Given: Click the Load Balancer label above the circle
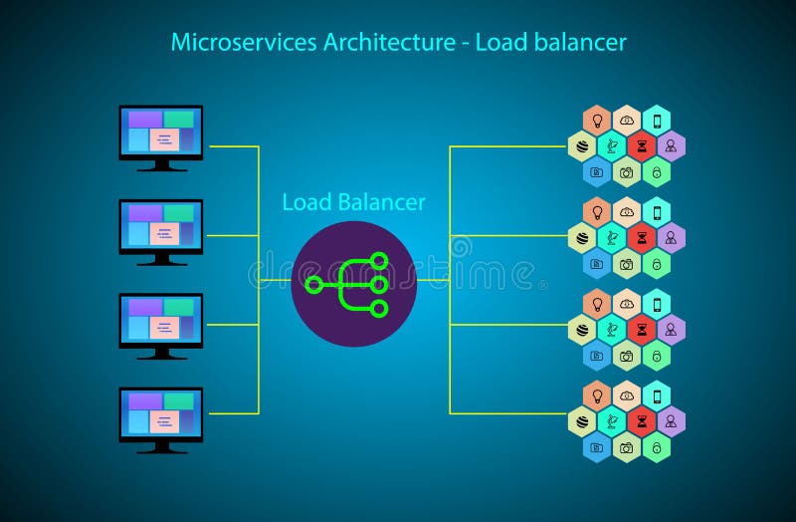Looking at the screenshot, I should pyautogui.click(x=353, y=202).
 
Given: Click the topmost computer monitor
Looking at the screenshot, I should pyautogui.click(x=161, y=133).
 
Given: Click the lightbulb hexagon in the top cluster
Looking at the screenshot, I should pyautogui.click(x=597, y=121).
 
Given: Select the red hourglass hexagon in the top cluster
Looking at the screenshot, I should pyautogui.click(x=642, y=146).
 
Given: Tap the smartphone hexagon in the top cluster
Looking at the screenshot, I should pyautogui.click(x=657, y=121).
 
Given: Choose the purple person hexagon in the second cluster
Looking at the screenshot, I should pyautogui.click(x=672, y=238).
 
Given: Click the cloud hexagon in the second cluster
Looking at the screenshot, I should pyautogui.click(x=627, y=212).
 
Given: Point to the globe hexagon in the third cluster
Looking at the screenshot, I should pyautogui.click(x=582, y=330).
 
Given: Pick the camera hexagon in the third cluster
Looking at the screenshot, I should pyautogui.click(x=627, y=356).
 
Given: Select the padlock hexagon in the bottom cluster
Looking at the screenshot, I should pyautogui.click(x=657, y=447).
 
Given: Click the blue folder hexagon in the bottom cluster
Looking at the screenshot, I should pyautogui.click(x=597, y=447).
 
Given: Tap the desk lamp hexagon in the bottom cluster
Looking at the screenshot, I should pyautogui.click(x=612, y=421).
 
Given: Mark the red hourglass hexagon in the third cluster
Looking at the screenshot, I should pyautogui.click(x=642, y=330).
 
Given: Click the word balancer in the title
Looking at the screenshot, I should pyautogui.click(x=586, y=42).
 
